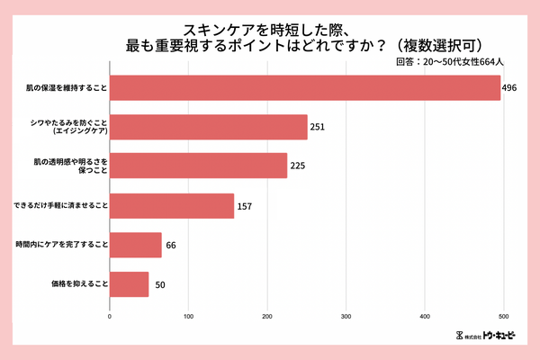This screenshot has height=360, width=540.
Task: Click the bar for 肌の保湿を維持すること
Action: [304, 87]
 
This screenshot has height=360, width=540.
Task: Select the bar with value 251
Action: [208, 127]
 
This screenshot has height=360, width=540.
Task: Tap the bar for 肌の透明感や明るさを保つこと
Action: [198, 166]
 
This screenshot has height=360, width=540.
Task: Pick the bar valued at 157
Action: [171, 206]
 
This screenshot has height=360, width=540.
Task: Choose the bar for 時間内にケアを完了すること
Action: [136, 245]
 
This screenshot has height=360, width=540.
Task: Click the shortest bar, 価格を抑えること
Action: [130, 284]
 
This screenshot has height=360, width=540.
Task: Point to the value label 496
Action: [510, 88]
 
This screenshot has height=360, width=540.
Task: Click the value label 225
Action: [298, 166]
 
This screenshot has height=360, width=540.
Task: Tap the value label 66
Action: [171, 246]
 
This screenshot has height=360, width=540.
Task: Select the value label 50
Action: [158, 285]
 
